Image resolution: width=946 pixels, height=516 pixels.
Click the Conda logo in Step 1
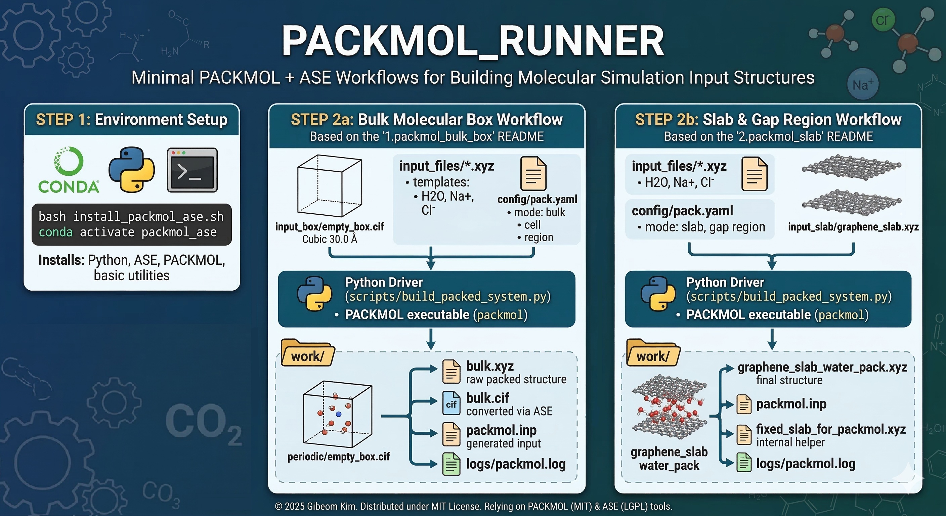click(x=69, y=170)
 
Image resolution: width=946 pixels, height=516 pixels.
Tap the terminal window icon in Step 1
click(x=192, y=170)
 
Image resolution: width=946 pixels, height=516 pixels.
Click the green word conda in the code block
click(x=55, y=232)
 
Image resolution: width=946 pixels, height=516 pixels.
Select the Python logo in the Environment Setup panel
click(x=131, y=169)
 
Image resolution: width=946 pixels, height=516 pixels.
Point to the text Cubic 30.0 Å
click(x=330, y=239)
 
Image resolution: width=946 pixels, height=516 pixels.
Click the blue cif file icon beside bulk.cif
click(x=451, y=403)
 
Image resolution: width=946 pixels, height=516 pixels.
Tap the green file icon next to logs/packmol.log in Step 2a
click(x=451, y=464)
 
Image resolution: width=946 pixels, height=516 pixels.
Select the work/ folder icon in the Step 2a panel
click(x=308, y=353)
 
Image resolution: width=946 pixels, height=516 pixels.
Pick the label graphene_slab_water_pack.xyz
click(x=822, y=367)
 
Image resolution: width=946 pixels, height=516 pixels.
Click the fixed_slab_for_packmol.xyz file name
click(x=831, y=429)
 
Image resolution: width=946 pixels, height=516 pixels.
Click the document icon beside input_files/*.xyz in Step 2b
click(x=754, y=174)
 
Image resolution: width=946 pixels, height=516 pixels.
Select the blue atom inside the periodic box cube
click(x=339, y=414)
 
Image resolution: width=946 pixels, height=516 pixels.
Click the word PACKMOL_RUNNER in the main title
click(x=473, y=40)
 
